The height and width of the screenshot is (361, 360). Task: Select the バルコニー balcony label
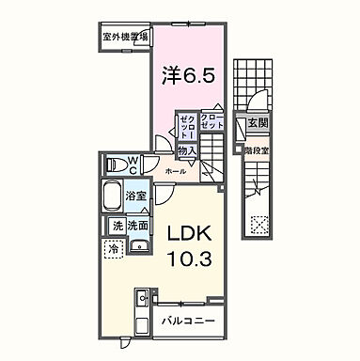(x=188, y=322)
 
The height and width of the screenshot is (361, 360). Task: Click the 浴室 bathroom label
(x=134, y=196)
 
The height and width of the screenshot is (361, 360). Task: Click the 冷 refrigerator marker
(x=112, y=250)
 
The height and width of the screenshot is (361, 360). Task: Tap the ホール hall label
(x=176, y=173)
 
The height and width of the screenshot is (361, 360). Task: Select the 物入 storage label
(x=187, y=149)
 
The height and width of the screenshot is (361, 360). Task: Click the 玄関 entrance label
(x=257, y=123)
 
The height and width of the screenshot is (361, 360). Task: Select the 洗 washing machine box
(x=117, y=227)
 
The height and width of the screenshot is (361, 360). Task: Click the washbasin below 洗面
(x=138, y=246)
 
